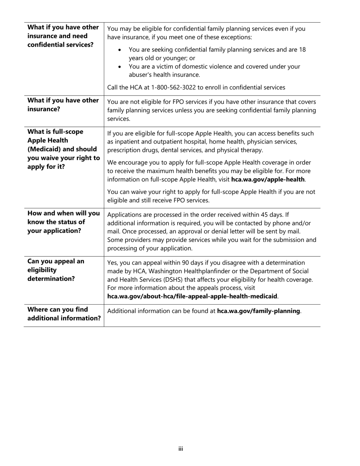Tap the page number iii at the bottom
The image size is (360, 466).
[x=181, y=449]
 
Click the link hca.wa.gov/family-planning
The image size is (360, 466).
[x=259, y=311]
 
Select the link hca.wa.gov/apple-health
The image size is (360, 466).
[x=268, y=179]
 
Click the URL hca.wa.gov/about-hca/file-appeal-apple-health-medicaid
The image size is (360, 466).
[x=193, y=296]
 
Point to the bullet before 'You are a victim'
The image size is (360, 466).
[x=120, y=67]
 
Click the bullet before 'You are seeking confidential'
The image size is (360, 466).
[x=120, y=50]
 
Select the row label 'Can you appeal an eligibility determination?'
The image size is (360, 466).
[x=56, y=270]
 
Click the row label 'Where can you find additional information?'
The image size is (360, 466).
[x=64, y=314]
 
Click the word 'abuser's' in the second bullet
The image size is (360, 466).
[x=141, y=75]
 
